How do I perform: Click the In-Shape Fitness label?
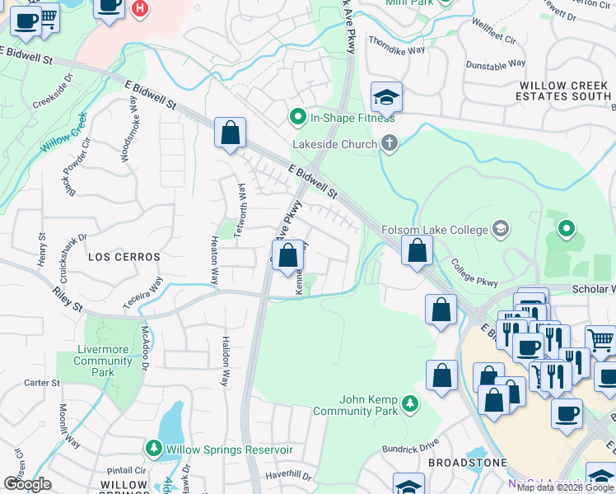tap(352, 118)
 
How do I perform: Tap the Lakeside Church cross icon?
tap(390, 144)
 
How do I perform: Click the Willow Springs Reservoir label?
tap(229, 450)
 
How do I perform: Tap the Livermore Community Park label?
tap(103, 361)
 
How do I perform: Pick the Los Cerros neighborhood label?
tap(124, 257)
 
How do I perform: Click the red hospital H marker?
tap(141, 8)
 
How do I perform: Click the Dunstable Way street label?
tap(496, 64)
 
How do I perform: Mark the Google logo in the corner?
tap(26, 484)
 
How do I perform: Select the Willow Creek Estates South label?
tap(565, 91)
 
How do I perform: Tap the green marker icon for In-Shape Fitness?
tap(298, 118)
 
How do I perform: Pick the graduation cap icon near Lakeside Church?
tap(385, 97)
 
